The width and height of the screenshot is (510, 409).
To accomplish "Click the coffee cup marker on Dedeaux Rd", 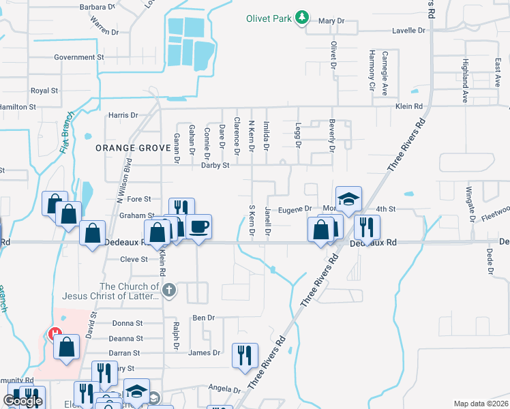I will pyautogui.click(x=199, y=226).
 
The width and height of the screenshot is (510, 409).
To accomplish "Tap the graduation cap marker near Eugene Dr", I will pyautogui.click(x=348, y=198).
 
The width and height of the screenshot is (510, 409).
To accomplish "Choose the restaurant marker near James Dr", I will pyautogui.click(x=245, y=354).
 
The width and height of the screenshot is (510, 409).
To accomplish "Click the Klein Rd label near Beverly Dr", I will pyautogui.click(x=409, y=106).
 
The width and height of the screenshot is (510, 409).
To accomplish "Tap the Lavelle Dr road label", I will pyautogui.click(x=408, y=31).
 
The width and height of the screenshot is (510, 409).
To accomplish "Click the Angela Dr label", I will pyautogui.click(x=224, y=387).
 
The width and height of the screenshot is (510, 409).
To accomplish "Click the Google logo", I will pyautogui.click(x=22, y=401).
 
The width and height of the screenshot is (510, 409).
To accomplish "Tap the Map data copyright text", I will pyautogui.click(x=481, y=404).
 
